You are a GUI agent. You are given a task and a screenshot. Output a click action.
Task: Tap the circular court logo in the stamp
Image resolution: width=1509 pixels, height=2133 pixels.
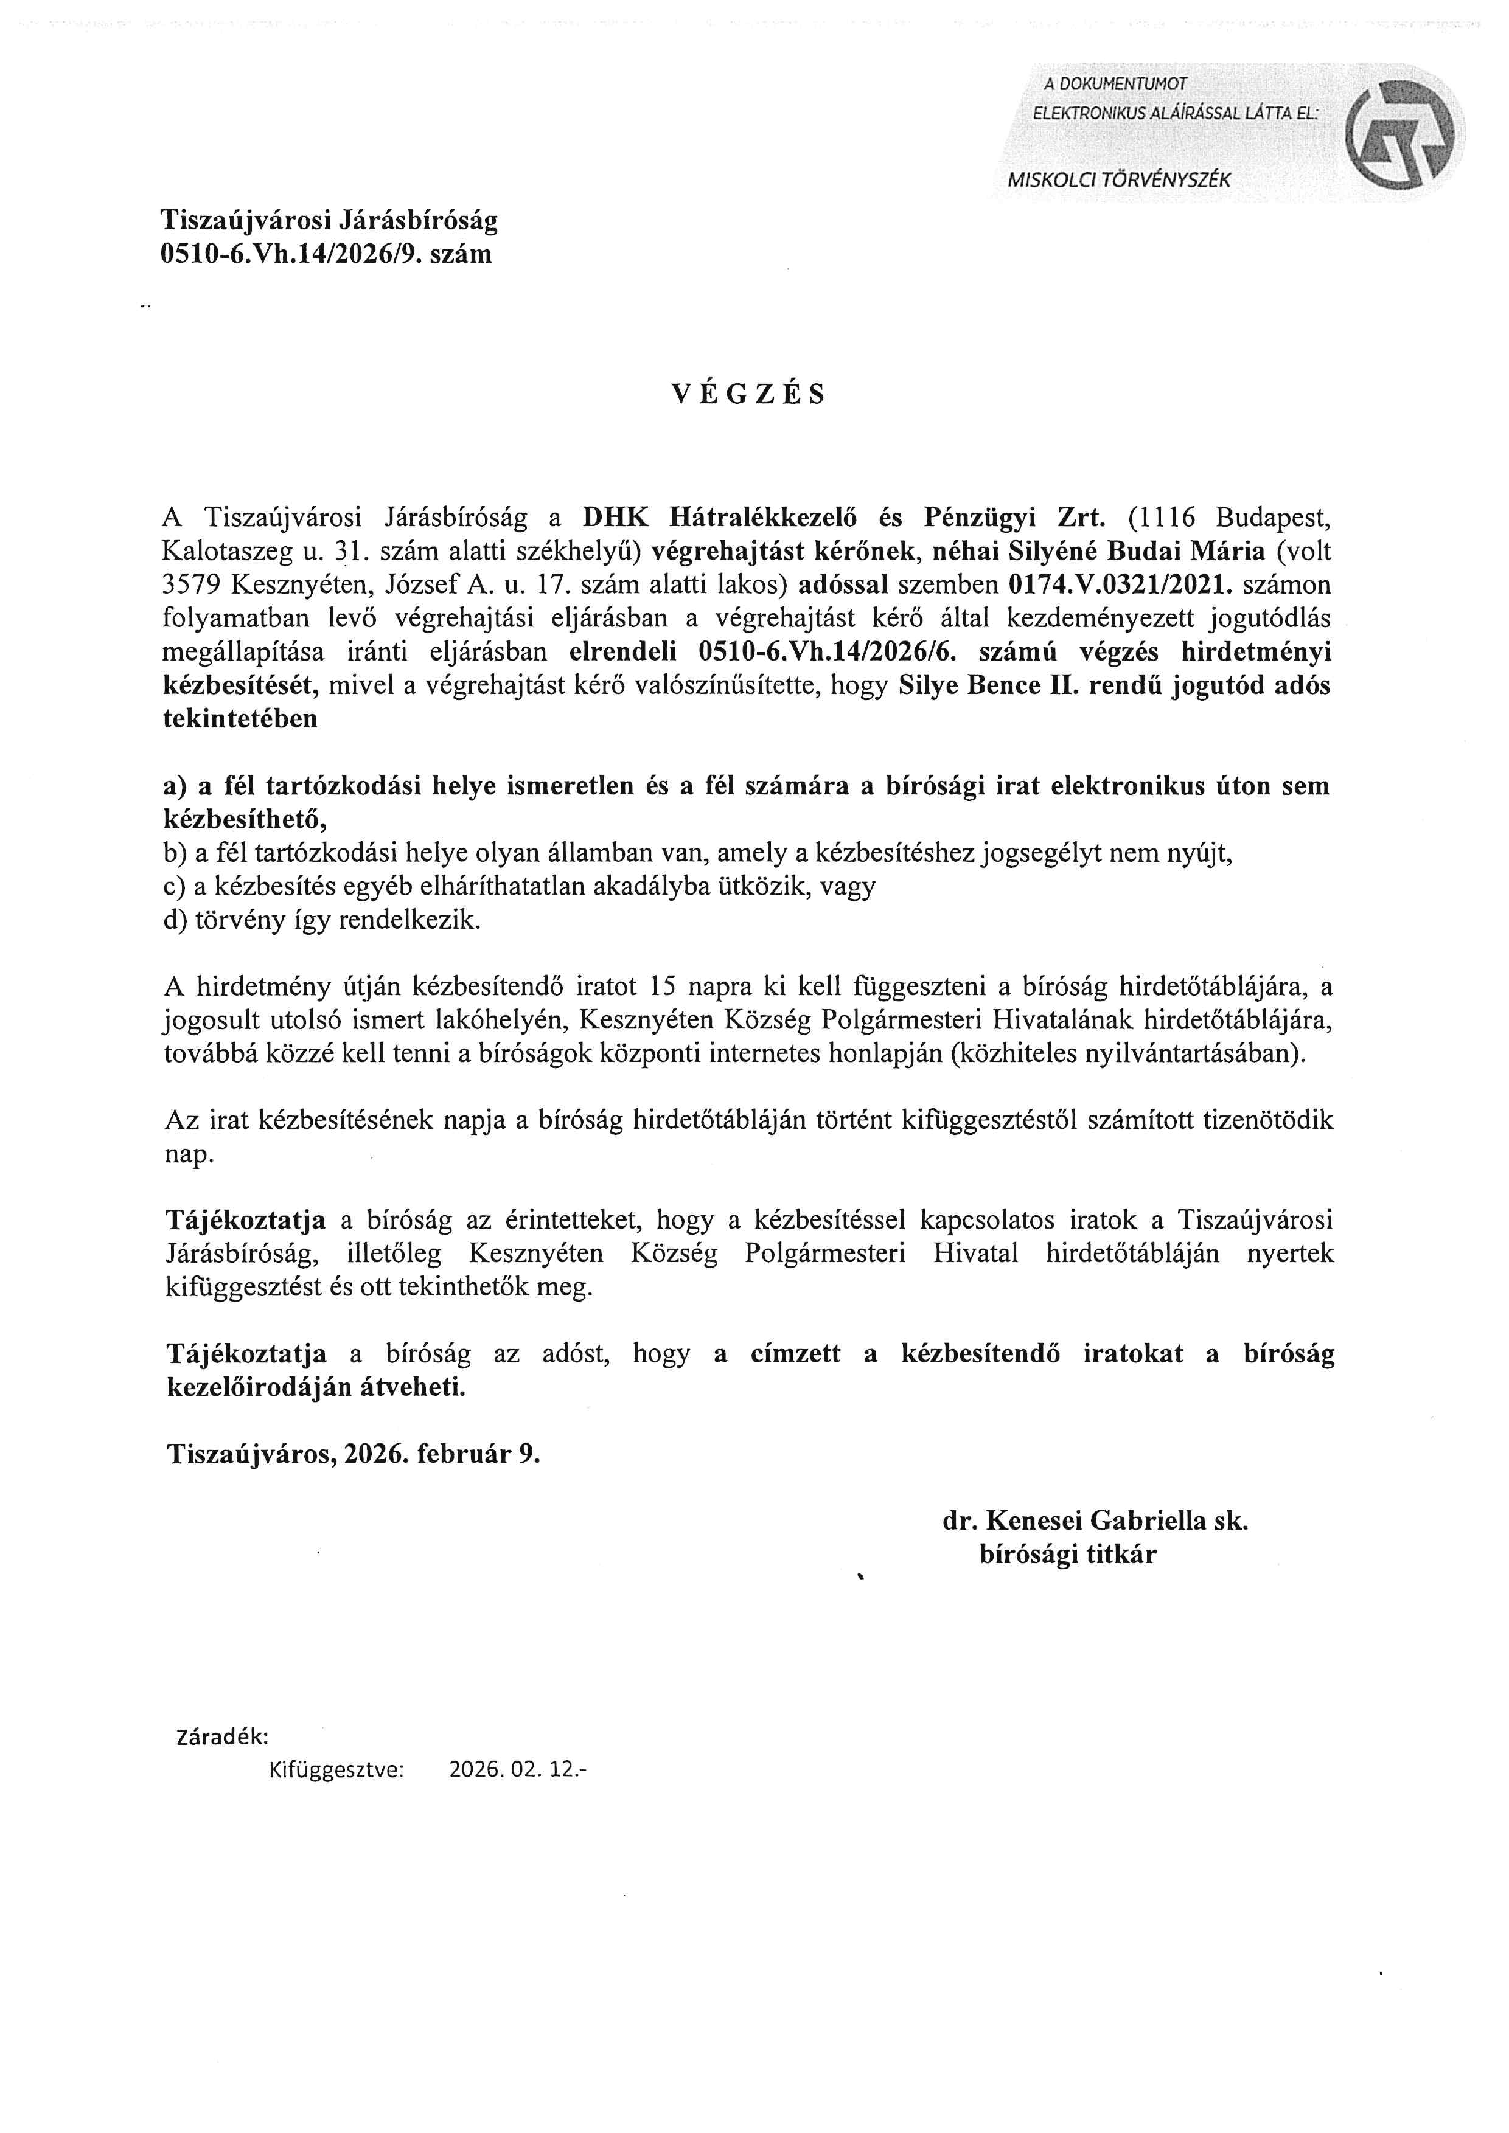click(1400, 132)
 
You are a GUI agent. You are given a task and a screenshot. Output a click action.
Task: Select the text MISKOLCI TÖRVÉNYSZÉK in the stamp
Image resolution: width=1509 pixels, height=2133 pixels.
click(1119, 180)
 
